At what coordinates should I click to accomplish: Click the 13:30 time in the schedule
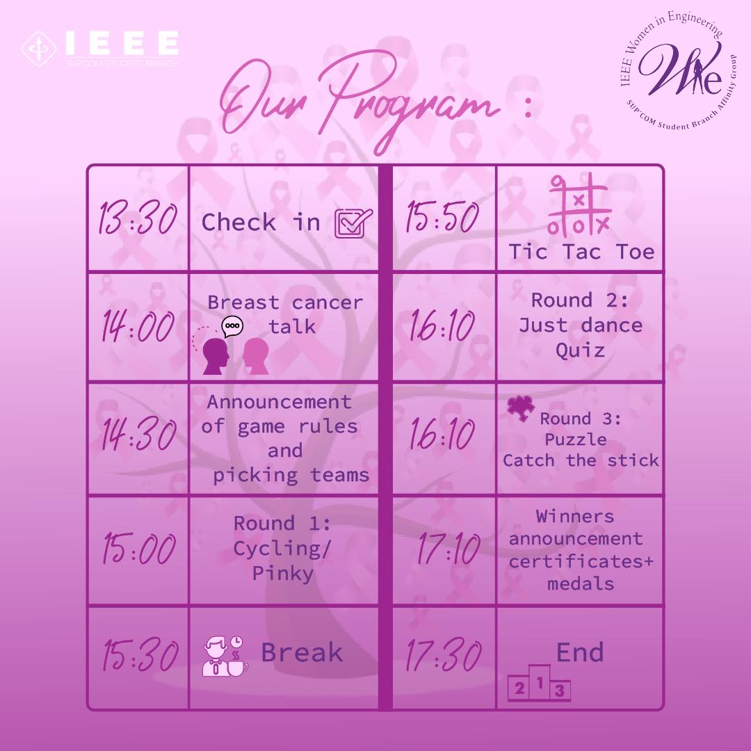(x=138, y=218)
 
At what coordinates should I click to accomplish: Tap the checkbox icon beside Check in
(x=353, y=223)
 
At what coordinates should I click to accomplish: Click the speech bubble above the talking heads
(x=232, y=326)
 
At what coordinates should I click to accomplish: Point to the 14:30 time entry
(x=138, y=435)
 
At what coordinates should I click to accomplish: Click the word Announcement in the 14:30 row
(x=280, y=402)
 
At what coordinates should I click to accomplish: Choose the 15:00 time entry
(x=139, y=549)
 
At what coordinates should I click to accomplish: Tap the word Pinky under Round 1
(x=283, y=573)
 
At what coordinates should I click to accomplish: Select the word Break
(x=302, y=652)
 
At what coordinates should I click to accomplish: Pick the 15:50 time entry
(x=442, y=217)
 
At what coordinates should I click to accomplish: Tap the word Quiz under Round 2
(x=580, y=350)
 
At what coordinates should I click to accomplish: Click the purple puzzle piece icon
(x=521, y=409)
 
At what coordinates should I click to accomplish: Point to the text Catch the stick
(x=581, y=460)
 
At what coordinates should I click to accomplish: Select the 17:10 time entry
(x=449, y=549)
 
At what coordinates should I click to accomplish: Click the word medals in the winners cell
(x=581, y=584)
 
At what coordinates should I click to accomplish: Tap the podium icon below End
(x=539, y=683)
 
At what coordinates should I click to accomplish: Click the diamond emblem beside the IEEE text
(x=39, y=49)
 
